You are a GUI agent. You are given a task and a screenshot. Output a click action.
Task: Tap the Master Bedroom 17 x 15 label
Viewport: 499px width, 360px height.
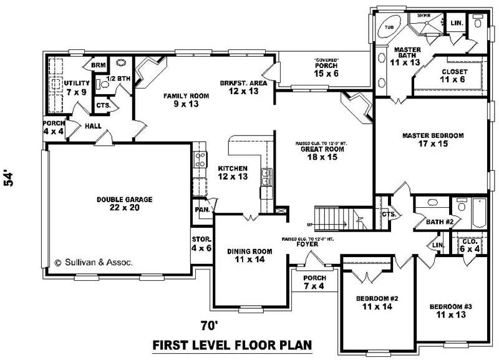coord(433,139)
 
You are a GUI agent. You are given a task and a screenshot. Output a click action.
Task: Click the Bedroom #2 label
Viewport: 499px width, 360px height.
coord(377,303)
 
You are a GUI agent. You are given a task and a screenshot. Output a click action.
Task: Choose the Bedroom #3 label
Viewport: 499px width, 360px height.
coord(450,311)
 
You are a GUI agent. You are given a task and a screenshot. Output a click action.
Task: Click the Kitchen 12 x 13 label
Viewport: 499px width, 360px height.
coord(233,173)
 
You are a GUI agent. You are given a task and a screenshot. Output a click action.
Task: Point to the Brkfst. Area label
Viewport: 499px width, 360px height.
coord(243,87)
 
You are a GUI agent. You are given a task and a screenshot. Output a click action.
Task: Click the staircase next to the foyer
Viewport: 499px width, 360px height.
coord(331,218)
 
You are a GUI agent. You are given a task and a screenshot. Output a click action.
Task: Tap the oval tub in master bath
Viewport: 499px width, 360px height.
coord(390,28)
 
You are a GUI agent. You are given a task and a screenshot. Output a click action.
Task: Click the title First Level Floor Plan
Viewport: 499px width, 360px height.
coord(232,345)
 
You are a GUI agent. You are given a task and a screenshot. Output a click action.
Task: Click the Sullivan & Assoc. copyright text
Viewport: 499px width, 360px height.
coord(94,263)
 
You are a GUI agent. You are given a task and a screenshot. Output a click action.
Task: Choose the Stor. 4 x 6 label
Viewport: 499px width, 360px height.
coord(201,243)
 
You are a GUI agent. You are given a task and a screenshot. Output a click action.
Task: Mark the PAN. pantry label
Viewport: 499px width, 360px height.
coord(201,210)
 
